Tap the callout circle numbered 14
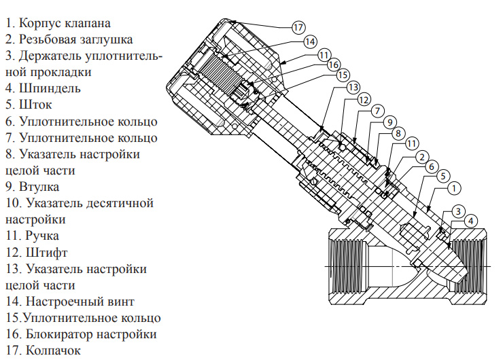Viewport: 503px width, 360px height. [310, 41]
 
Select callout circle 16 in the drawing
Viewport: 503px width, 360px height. [333, 64]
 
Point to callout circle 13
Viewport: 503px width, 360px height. [352, 88]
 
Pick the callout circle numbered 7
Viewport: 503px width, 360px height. [378, 111]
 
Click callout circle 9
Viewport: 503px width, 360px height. [389, 122]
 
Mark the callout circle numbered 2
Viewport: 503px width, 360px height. [421, 156]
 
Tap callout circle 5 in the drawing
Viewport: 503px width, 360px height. [443, 175]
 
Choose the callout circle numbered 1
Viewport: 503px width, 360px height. [455, 186]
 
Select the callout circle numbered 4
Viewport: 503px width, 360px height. [471, 220]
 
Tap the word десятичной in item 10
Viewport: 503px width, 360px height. [118, 203]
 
